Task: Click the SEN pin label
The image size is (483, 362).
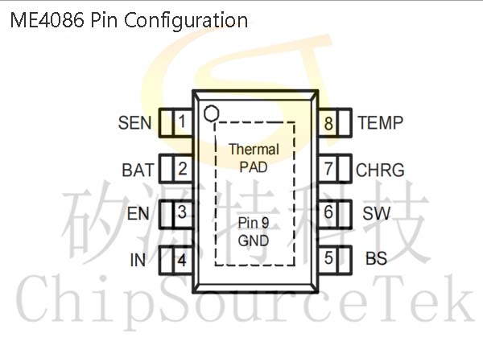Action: (135, 123)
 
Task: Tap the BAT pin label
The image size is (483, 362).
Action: (138, 170)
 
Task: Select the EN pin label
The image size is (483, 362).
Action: (138, 214)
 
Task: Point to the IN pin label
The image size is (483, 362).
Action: (138, 260)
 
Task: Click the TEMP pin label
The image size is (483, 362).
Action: (380, 122)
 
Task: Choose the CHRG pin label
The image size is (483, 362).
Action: (380, 170)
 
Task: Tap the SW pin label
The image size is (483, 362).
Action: (377, 213)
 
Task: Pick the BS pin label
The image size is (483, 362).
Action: (376, 258)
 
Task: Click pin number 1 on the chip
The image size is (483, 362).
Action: (182, 121)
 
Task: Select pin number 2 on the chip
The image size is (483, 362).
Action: (183, 169)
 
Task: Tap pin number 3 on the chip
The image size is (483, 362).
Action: (182, 212)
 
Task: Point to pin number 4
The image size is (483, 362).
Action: (182, 260)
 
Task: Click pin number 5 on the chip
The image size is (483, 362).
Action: (328, 258)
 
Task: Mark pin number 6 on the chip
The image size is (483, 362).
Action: (328, 212)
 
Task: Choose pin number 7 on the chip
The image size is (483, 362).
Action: (328, 169)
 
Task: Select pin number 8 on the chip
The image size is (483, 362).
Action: (328, 123)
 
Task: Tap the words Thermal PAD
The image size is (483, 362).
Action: (254, 158)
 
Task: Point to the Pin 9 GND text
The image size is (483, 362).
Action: (254, 232)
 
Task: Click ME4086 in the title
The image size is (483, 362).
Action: (47, 20)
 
